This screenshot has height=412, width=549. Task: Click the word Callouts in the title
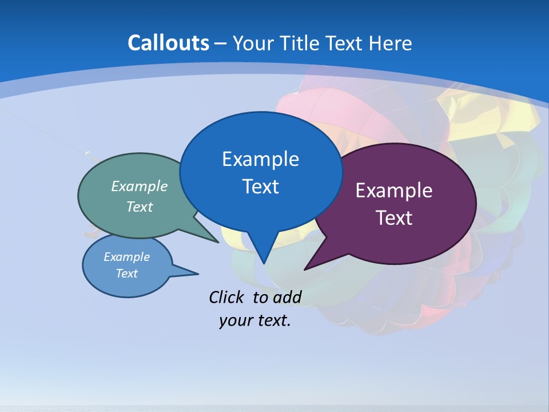coord(168,43)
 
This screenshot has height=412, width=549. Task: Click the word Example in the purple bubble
coord(394,191)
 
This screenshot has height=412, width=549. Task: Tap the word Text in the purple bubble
coord(394,218)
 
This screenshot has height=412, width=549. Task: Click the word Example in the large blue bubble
coord(260,159)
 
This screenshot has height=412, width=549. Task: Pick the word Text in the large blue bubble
coord(260,187)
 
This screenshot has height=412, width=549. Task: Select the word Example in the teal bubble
coord(140,186)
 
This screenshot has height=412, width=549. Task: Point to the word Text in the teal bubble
coord(140,207)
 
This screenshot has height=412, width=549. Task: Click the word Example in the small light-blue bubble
coord(126,257)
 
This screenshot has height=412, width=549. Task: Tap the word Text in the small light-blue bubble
coord(126,274)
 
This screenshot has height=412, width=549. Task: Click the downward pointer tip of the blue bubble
coord(263,263)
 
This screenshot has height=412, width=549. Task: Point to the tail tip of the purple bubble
coord(305,270)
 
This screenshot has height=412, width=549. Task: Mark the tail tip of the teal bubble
coord(218,242)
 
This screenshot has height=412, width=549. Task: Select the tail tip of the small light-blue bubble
coord(198,273)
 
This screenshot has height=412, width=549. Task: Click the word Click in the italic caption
coord(228,297)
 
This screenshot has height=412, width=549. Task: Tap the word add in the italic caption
coord(287,297)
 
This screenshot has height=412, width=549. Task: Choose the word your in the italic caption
coord(235,320)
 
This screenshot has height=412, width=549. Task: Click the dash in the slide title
coord(220,43)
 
